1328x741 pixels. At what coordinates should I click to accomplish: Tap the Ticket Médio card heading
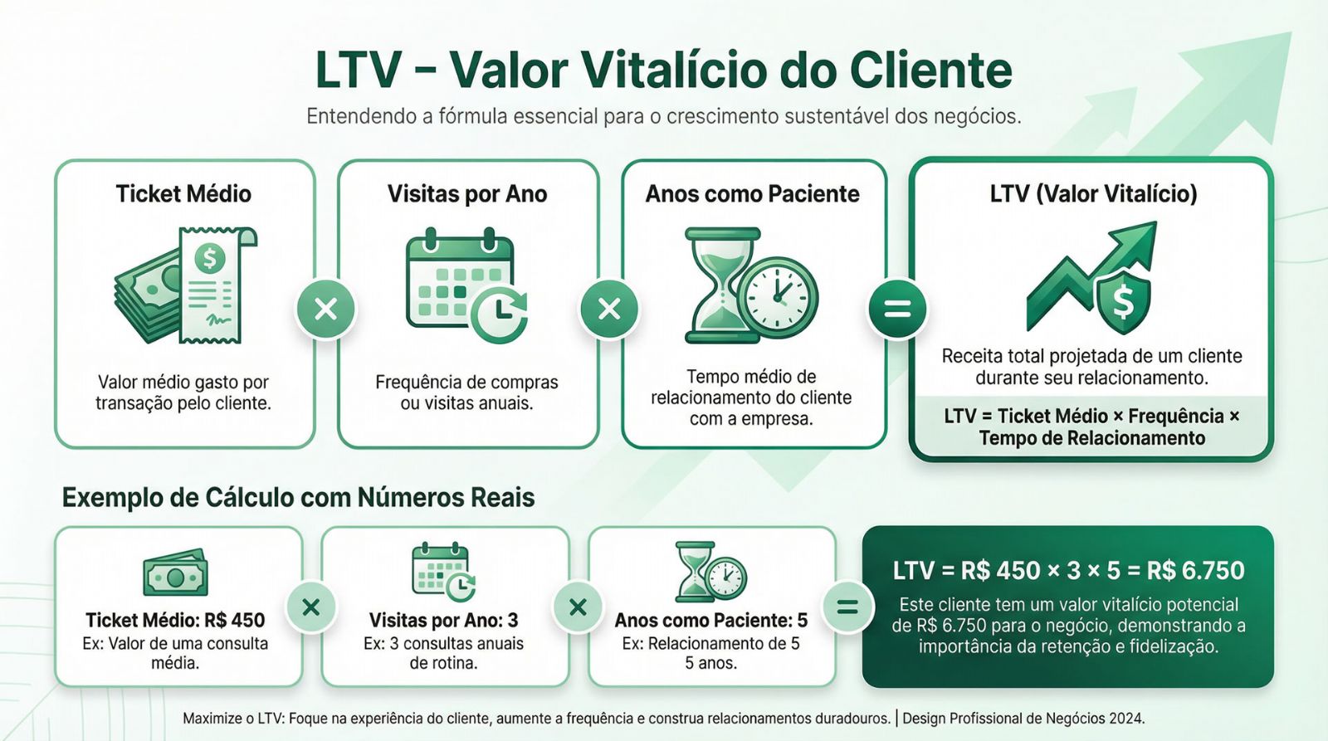(183, 194)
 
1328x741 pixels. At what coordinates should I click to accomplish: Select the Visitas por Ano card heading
(467, 194)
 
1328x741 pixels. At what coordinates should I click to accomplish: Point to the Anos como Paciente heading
(752, 194)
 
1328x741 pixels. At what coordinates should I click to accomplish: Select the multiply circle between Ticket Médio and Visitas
(326, 310)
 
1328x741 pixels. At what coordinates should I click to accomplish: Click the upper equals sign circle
(897, 310)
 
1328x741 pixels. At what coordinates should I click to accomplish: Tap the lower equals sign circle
(847, 607)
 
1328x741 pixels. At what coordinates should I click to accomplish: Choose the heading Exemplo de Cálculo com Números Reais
(298, 498)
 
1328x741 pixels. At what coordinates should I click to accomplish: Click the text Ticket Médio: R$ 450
(175, 620)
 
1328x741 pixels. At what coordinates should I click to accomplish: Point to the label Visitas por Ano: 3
(443, 620)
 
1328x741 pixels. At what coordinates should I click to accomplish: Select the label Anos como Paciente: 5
(710, 620)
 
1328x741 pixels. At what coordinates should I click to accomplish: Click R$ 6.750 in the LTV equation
(1195, 571)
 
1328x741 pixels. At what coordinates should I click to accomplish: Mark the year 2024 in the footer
(1129, 719)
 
